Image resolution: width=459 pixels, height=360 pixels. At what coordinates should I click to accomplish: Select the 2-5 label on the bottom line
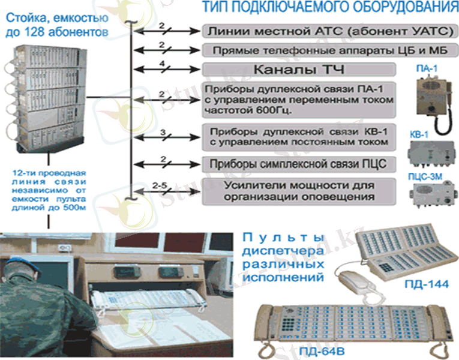pyautogui.click(x=161, y=185)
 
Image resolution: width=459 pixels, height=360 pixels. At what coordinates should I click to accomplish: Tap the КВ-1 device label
pyautogui.click(x=418, y=135)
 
